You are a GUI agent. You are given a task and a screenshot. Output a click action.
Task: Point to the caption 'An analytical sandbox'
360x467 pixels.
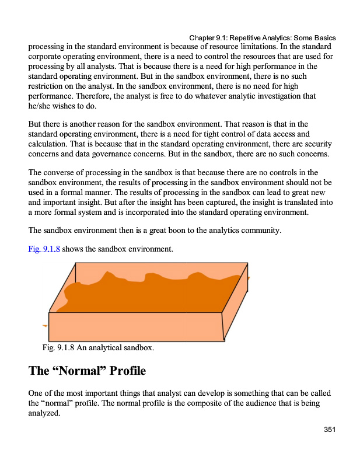point(99,348)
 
